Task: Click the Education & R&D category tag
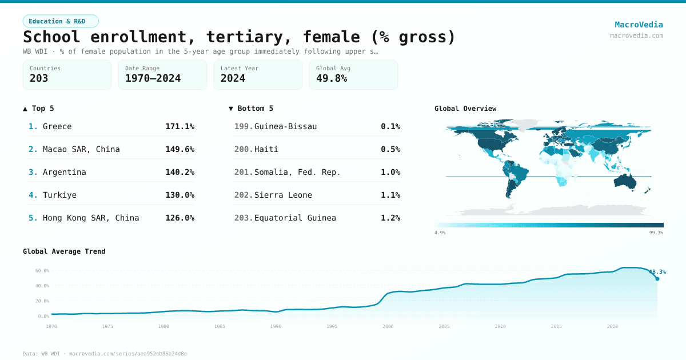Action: [61, 21]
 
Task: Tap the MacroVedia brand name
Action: [639, 25]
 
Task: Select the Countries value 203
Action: [39, 78]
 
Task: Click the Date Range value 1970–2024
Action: [153, 78]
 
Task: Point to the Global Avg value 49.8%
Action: [332, 78]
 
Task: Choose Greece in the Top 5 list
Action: [57, 126]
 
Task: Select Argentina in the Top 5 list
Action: [65, 172]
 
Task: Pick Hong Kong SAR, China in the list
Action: [91, 218]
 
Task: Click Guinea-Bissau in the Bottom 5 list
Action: [285, 126]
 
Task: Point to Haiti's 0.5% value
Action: [390, 149]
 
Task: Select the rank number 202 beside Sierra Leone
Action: [243, 195]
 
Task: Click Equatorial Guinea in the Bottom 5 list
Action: [295, 218]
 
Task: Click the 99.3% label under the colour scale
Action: [656, 233]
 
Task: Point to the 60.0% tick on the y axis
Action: [42, 270]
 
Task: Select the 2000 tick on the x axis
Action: [388, 326]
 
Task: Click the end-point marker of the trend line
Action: [657, 278]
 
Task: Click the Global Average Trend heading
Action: [64, 251]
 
